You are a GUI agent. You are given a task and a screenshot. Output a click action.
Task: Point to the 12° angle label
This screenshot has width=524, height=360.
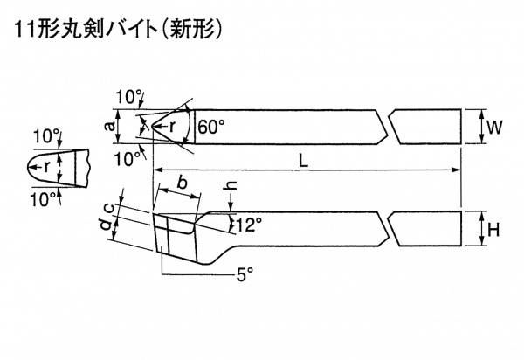pyautogui.click(x=249, y=225)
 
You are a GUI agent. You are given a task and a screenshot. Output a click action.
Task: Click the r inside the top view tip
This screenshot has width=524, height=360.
pyautogui.click(x=173, y=126)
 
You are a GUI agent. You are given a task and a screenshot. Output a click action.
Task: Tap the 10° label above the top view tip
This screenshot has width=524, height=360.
pyautogui.click(x=128, y=96)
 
